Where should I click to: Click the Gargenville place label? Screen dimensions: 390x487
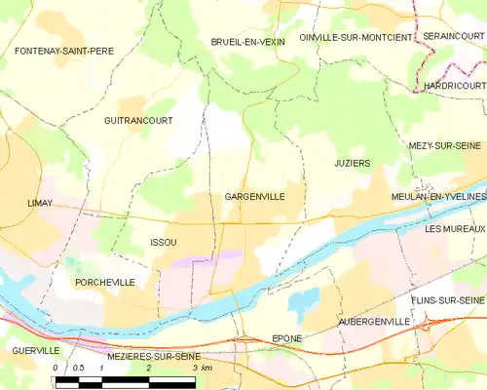[254, 197]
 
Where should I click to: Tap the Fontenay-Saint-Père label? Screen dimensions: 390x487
[64, 49]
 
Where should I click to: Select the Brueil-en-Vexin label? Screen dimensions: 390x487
[247, 42]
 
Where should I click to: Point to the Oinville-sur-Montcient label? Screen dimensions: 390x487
[356, 36]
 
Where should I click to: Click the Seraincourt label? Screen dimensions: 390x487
[453, 36]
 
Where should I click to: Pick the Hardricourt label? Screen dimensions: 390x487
[454, 86]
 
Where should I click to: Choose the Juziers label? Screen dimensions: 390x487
[352, 163]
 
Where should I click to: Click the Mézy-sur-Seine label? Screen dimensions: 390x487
[446, 144]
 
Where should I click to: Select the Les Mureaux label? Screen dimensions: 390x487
[454, 228]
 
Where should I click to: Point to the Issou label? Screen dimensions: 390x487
[164, 242]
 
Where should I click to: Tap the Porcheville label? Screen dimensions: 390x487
[104, 281]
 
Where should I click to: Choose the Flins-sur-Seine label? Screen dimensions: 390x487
[447, 299]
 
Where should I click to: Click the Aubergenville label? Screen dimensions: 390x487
[370, 321]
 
